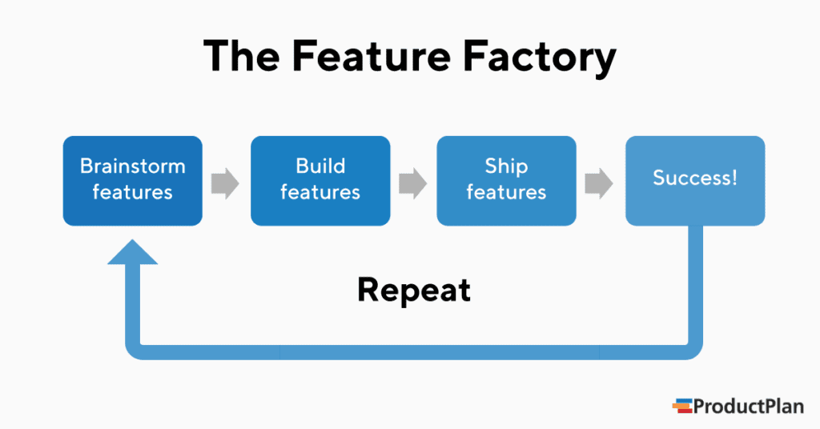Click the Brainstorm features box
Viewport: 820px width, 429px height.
[133, 180]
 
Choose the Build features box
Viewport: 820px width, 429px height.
[320, 180]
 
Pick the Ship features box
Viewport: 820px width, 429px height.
[506, 180]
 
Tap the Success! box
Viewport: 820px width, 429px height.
[695, 180]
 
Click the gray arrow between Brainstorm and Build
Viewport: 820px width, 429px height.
[226, 183]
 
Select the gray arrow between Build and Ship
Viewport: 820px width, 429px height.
[413, 183]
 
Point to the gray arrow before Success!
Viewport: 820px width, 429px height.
[599, 183]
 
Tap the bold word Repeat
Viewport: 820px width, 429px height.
[414, 290]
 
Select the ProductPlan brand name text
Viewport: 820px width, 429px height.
[749, 406]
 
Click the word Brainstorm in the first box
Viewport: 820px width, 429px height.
[133, 166]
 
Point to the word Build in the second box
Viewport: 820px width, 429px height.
[320, 166]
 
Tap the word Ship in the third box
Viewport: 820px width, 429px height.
[506, 166]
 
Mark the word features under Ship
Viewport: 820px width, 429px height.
[506, 193]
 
